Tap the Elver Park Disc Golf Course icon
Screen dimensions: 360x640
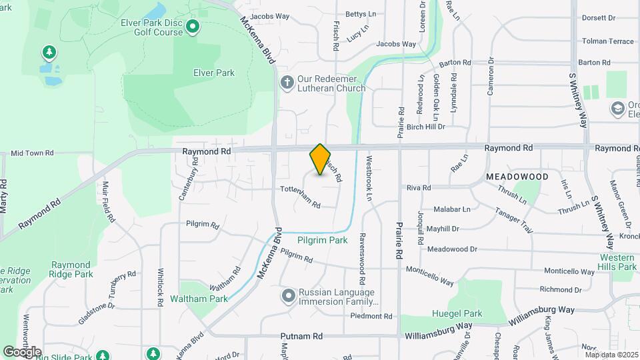coord(193,27)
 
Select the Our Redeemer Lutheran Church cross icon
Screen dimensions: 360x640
coord(287,83)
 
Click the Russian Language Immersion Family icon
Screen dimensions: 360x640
coord(288,295)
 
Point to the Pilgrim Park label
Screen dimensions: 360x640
coord(323,240)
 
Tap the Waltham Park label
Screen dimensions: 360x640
coord(199,298)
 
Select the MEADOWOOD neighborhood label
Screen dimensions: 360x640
coord(517,177)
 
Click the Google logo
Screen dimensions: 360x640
coord(21,351)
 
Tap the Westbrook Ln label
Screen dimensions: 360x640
coord(369,179)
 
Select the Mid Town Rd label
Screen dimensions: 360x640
coord(31,153)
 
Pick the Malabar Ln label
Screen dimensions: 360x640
coord(452,209)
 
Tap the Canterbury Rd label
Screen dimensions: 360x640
coord(189,182)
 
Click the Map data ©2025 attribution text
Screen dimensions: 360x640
coord(611,355)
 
